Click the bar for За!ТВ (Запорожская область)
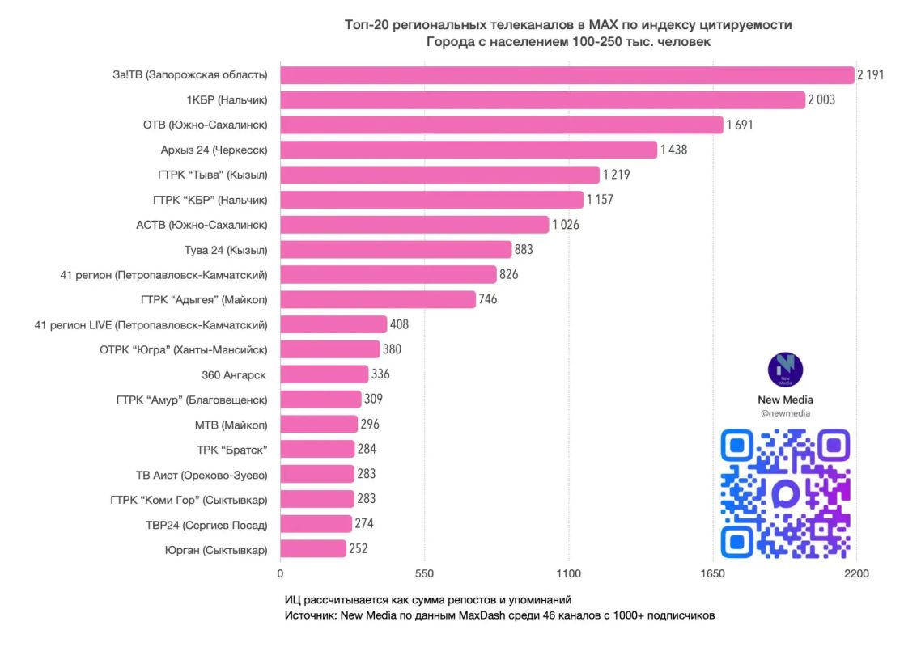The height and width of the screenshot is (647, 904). pyautogui.click(x=567, y=75)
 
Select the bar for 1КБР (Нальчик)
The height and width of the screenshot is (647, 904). pyautogui.click(x=543, y=99)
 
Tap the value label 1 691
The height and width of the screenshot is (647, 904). pyautogui.click(x=740, y=125)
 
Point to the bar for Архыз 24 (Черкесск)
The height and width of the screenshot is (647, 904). pyautogui.click(x=469, y=150)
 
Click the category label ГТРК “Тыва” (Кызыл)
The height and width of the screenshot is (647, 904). pyautogui.click(x=213, y=175)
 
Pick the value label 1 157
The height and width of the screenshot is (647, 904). pyautogui.click(x=600, y=200)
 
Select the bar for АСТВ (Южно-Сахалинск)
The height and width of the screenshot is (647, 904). pyautogui.click(x=414, y=225)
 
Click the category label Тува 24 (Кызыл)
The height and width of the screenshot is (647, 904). pyautogui.click(x=226, y=250)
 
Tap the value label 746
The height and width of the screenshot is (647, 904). pyautogui.click(x=488, y=299)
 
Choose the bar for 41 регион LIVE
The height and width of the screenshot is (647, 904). pyautogui.click(x=333, y=324)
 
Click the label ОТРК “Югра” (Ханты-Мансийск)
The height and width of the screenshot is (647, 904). pyautogui.click(x=184, y=349)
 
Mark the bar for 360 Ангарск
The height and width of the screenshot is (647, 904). pyautogui.click(x=325, y=374)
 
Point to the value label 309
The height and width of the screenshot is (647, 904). pyautogui.click(x=374, y=399)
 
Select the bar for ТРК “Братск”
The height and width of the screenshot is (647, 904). pyautogui.click(x=318, y=449)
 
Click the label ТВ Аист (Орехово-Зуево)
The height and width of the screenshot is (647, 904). pyautogui.click(x=202, y=476)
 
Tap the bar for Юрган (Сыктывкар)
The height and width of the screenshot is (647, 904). pyautogui.click(x=314, y=548)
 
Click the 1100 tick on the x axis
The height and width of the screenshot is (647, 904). pyautogui.click(x=568, y=574)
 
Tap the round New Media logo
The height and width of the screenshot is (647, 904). pyautogui.click(x=785, y=370)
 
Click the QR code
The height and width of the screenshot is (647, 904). pyautogui.click(x=785, y=494)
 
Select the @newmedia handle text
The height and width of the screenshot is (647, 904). pyautogui.click(x=785, y=413)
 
